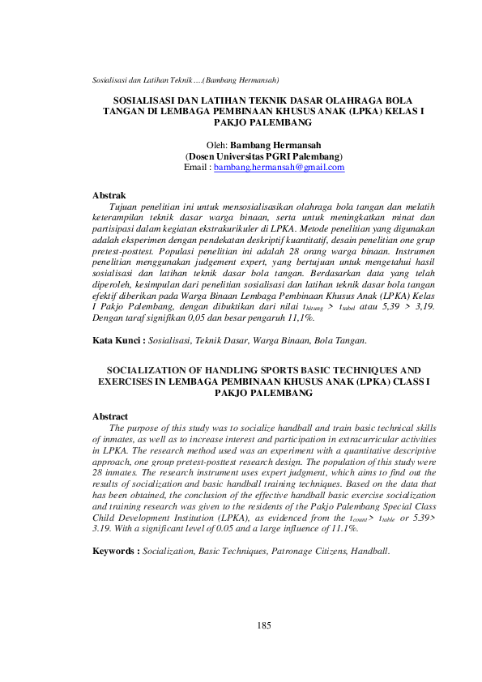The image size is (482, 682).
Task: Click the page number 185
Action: click(263, 624)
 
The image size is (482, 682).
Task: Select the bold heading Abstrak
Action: click(109, 196)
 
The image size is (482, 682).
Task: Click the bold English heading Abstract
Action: click(111, 416)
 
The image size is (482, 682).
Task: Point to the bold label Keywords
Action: click(116, 528)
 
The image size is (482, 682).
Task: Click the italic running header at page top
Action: click(186, 79)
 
